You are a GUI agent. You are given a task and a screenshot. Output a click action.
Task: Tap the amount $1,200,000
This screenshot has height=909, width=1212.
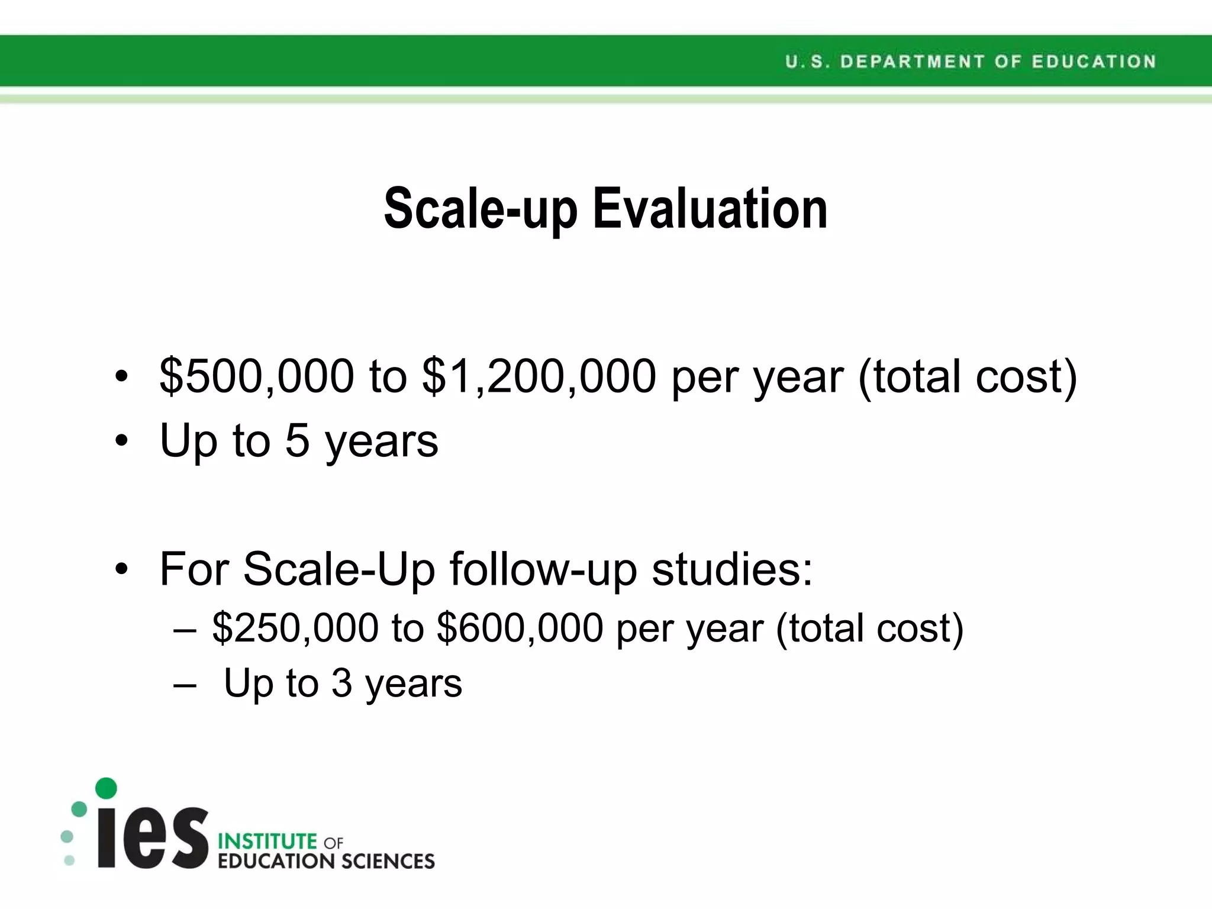coord(539,376)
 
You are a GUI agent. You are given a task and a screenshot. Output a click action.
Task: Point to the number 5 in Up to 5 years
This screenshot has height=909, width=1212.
coord(298,441)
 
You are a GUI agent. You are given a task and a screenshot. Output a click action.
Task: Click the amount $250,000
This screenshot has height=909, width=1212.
coord(295,628)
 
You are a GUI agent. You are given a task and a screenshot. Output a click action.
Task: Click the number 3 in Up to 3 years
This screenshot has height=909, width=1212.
coord(341,683)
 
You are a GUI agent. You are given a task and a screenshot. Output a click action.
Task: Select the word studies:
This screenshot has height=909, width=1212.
coord(733,569)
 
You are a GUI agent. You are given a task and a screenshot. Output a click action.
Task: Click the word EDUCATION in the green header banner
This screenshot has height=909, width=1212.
coord(1094,62)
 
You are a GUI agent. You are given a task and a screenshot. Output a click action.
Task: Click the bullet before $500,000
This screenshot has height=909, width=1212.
coord(121,376)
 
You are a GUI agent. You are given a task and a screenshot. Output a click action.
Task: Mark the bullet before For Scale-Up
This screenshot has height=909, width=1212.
coord(121,569)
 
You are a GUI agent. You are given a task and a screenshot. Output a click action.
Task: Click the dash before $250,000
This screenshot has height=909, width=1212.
coord(185,629)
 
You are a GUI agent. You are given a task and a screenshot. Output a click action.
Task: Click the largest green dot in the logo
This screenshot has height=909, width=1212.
coord(106,788)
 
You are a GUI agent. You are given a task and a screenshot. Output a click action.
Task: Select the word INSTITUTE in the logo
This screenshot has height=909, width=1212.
coord(268,841)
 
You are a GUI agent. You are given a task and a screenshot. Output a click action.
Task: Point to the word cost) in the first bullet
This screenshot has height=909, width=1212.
coord(1026,376)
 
